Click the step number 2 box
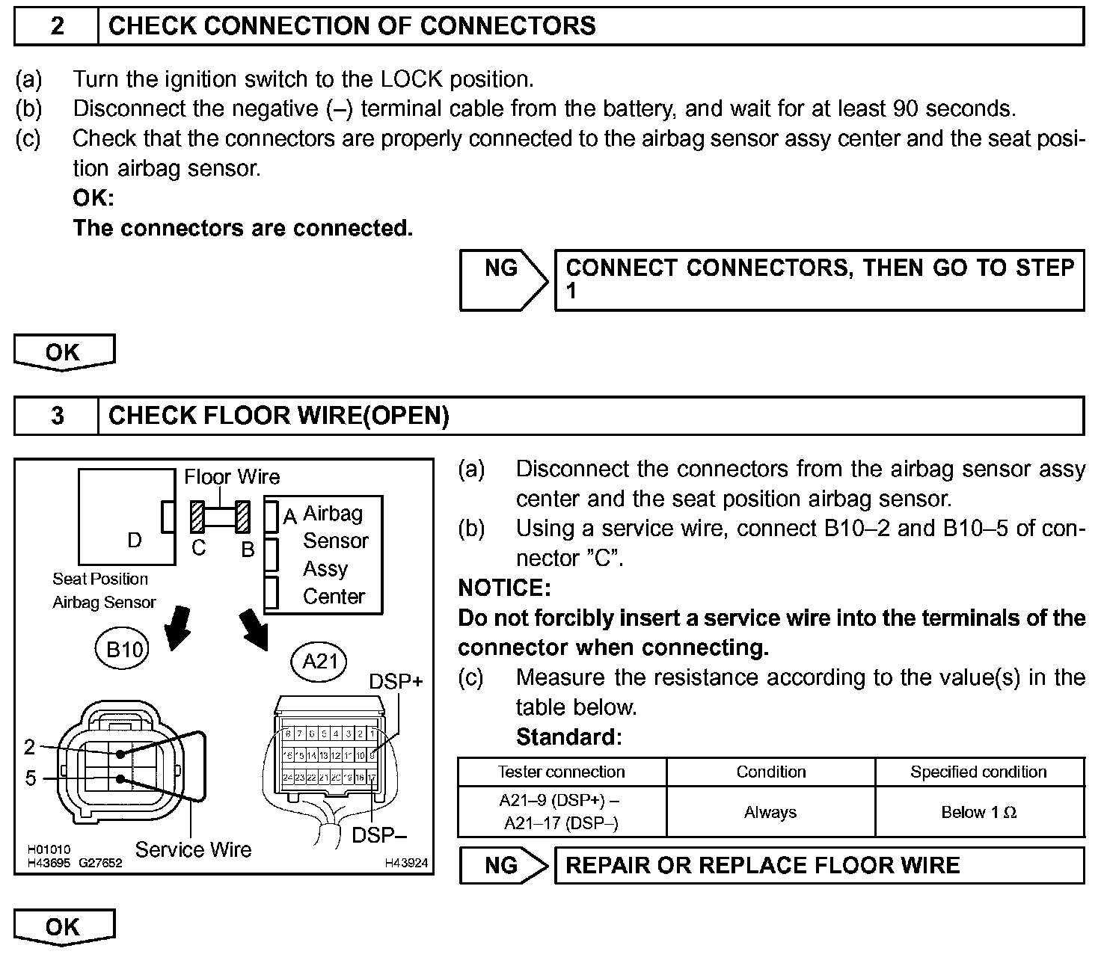coord(57,26)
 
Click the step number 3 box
coord(57,416)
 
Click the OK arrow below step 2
coord(64,352)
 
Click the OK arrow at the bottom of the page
coord(64,927)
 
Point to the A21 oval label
coord(320,661)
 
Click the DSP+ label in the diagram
coord(396,681)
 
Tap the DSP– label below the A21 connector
coord(378,834)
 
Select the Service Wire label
coord(193,849)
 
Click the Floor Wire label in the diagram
coord(232,477)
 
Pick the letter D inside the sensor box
coord(135,540)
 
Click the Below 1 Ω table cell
coord(978,812)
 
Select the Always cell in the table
coord(770,812)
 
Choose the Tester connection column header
coord(562,772)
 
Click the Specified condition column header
coord(978,772)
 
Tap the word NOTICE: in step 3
coord(504,588)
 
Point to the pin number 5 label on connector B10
coord(31,778)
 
